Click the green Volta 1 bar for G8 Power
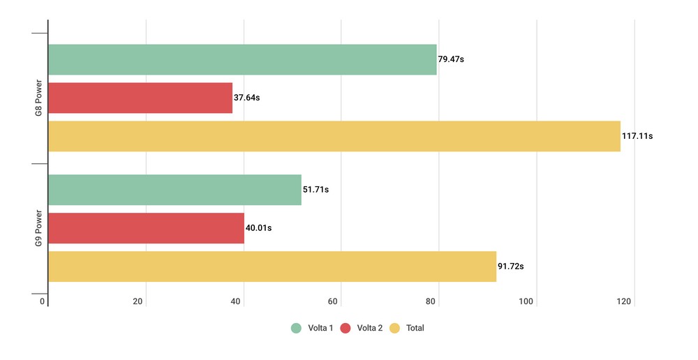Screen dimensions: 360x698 click(x=242, y=59)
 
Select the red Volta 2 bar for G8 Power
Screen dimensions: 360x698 click(x=140, y=98)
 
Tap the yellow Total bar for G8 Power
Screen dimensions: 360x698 click(x=334, y=136)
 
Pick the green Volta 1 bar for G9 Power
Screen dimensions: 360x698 click(x=174, y=190)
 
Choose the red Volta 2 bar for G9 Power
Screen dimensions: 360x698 click(x=146, y=228)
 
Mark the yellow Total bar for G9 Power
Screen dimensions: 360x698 click(x=272, y=267)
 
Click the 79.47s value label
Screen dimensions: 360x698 click(x=451, y=59)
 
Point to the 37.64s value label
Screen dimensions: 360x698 click(x=247, y=98)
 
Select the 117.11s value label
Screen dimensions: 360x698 click(x=637, y=136)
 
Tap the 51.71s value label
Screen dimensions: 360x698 click(x=315, y=190)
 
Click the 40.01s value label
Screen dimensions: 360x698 click(x=258, y=228)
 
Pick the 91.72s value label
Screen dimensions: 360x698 click(x=511, y=267)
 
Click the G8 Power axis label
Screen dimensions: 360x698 click(x=40, y=98)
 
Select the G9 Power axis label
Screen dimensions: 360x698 click(x=40, y=229)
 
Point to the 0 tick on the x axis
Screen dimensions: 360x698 click(x=43, y=301)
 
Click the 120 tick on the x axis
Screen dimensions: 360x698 click(x=624, y=301)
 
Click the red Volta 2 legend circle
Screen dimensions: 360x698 click(x=346, y=328)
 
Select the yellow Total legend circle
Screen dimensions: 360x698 click(x=395, y=328)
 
